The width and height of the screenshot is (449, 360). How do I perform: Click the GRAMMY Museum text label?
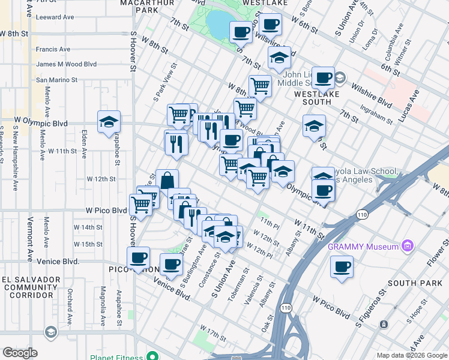(363, 247)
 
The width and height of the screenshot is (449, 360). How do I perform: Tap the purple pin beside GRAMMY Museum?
(408, 245)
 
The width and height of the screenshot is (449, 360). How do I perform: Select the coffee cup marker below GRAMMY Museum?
(342, 267)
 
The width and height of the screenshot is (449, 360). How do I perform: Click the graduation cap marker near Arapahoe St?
(109, 122)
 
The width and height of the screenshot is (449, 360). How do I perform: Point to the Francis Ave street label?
(53, 49)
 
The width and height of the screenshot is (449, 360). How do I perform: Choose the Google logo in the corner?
(20, 353)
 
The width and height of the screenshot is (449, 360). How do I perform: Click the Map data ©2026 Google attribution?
(412, 355)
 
